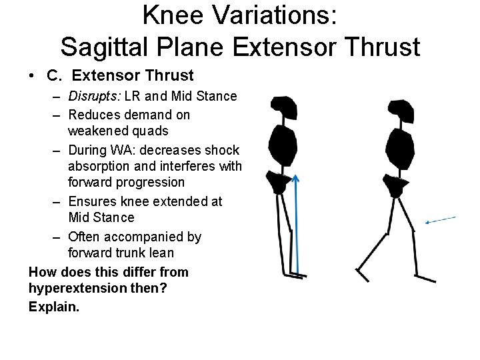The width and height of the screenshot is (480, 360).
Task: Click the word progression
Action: [151, 182]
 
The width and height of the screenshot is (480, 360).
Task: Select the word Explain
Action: [53, 307]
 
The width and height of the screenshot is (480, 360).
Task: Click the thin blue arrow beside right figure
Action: [441, 219]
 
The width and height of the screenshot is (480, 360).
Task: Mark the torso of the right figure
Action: [398, 148]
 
